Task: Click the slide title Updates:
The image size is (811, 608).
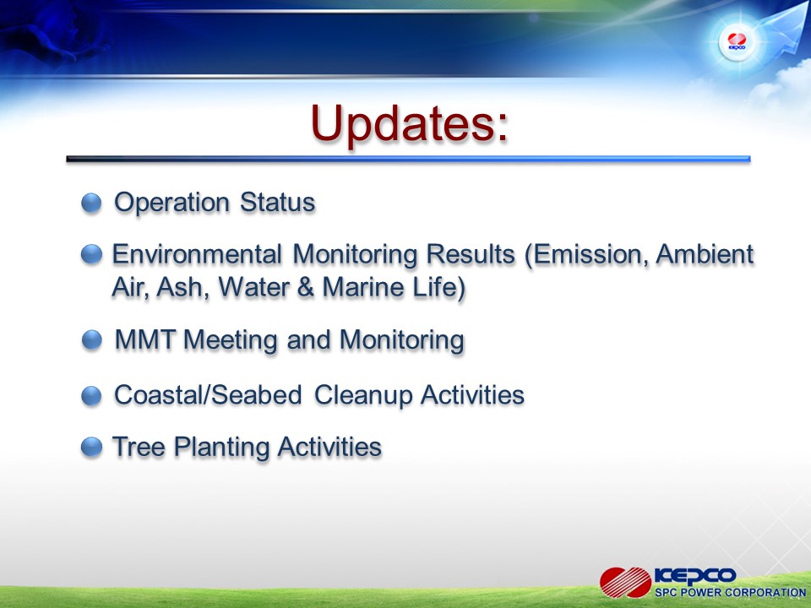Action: pos(410,125)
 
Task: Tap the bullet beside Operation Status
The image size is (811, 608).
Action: pos(91,203)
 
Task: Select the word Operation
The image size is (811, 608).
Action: pos(171,203)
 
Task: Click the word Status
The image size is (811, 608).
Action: pos(277,202)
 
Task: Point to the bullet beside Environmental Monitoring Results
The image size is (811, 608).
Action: pos(91,254)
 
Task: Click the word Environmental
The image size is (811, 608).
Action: pos(197,254)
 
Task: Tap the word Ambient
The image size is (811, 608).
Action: pos(705,254)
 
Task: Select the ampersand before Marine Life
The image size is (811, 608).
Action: pos(306,287)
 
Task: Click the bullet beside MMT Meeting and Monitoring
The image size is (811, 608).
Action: pos(92,340)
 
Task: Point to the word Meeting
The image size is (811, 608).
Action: pos(231,341)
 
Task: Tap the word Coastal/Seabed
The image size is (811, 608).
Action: pos(208,395)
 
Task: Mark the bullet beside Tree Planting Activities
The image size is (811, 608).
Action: pos(91,448)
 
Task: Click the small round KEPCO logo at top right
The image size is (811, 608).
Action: pos(737,41)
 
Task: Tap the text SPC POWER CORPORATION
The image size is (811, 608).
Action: pos(730,593)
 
